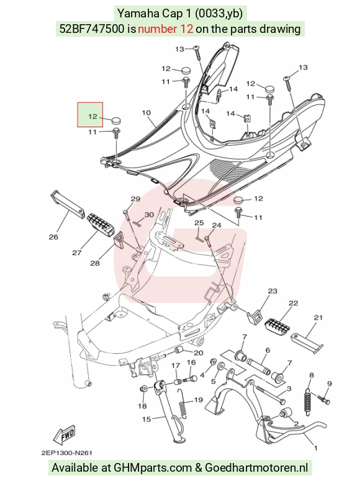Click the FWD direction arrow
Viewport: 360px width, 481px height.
pos(64,436)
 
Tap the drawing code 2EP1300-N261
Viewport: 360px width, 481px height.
pos(66,453)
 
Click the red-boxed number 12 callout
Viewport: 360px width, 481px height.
pos(92,116)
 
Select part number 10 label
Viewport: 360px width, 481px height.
pos(146,112)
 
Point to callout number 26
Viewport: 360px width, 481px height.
pos(53,237)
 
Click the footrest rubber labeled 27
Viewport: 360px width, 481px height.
pos(101,222)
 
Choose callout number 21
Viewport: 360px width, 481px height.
pos(318,317)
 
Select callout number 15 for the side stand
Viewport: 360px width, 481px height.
pos(146,419)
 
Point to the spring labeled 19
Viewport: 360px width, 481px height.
pos(182,403)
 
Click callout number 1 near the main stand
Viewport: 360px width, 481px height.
pos(315,448)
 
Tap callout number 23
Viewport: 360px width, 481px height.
pos(272,291)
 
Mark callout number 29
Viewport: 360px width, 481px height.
pos(136,199)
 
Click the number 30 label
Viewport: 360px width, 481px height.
pos(149,215)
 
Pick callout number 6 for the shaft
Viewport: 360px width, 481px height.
pos(268,350)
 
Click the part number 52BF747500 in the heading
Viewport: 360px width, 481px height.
pos(92,29)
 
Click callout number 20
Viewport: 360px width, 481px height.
pos(199,353)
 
